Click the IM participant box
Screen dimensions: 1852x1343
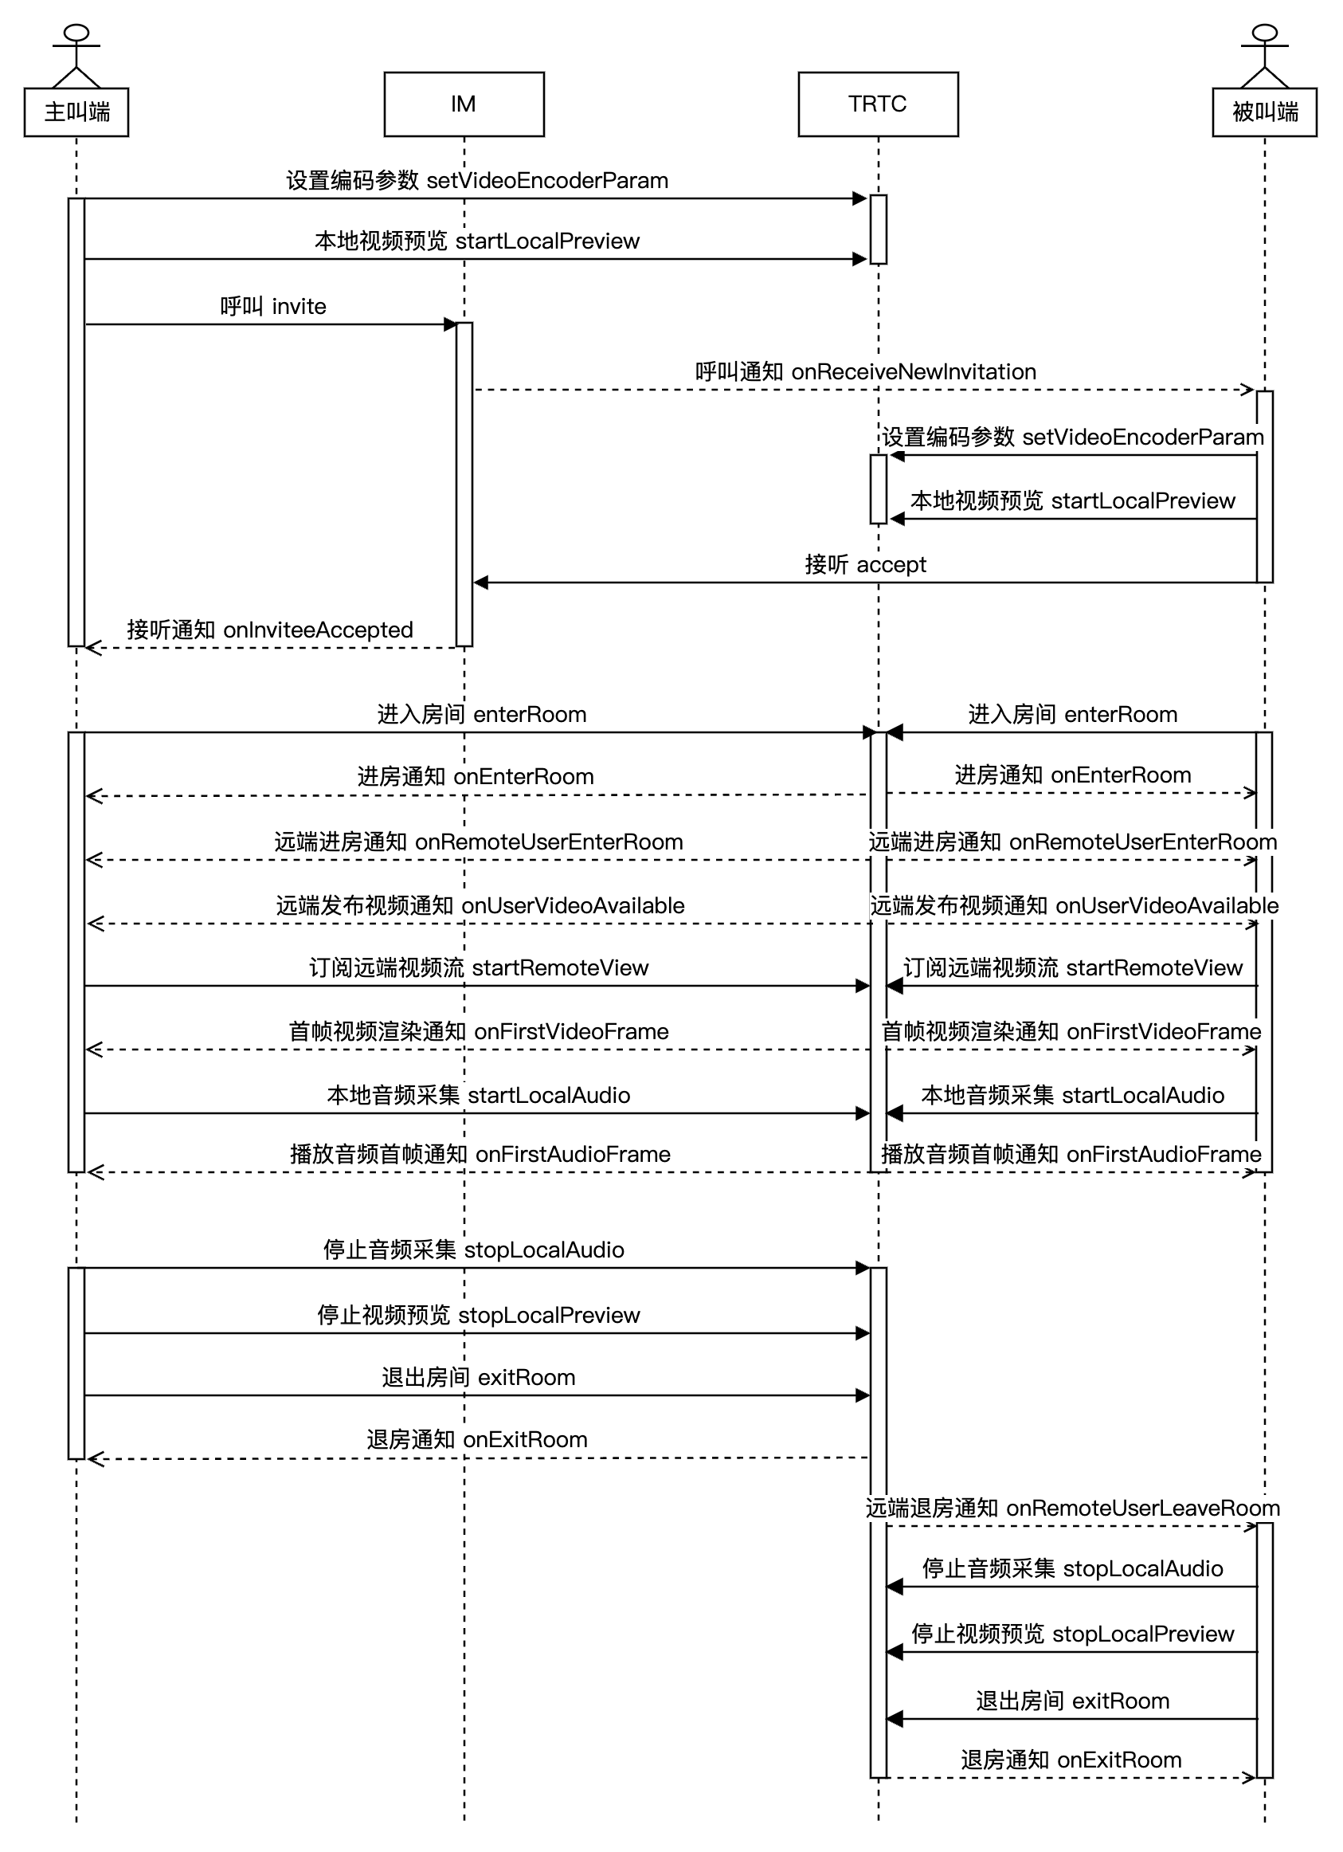click(464, 104)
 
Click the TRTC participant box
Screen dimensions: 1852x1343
click(878, 104)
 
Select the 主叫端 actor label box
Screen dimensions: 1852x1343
click(76, 112)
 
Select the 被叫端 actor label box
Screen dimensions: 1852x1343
click(1264, 112)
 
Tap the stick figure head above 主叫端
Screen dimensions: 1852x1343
click(76, 33)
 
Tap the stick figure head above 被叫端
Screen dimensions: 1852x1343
click(1264, 33)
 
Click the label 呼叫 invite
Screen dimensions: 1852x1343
click(272, 306)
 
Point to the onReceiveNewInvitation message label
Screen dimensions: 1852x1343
click(865, 371)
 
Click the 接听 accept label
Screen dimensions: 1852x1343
click(865, 564)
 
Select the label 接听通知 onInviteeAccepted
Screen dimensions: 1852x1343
click(269, 630)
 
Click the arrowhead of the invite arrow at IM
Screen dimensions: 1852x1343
click(450, 324)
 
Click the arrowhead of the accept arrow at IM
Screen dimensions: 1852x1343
click(481, 583)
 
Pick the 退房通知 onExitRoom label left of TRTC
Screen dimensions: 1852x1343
click(477, 1439)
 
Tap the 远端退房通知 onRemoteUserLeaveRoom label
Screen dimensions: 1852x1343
click(1072, 1508)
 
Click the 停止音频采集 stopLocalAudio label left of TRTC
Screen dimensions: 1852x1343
click(473, 1250)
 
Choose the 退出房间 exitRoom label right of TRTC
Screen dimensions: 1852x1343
click(1072, 1700)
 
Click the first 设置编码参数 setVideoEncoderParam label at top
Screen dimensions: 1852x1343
click(477, 179)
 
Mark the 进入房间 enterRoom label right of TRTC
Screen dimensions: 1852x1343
click(1072, 714)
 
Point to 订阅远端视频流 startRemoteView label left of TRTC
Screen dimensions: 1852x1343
click(479, 967)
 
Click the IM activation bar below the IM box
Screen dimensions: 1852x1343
click(464, 482)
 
